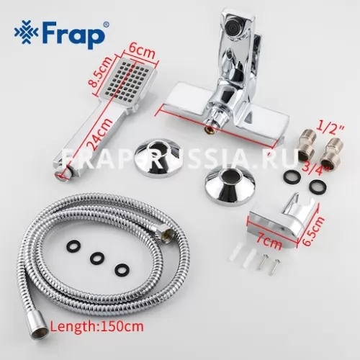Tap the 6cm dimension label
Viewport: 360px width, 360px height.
click(141, 52)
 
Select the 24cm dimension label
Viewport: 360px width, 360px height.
click(99, 135)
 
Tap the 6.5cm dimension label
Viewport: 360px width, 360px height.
click(311, 228)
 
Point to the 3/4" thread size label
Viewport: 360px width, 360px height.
click(312, 166)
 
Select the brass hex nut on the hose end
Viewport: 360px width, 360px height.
click(168, 235)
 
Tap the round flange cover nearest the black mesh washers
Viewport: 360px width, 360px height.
click(230, 186)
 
